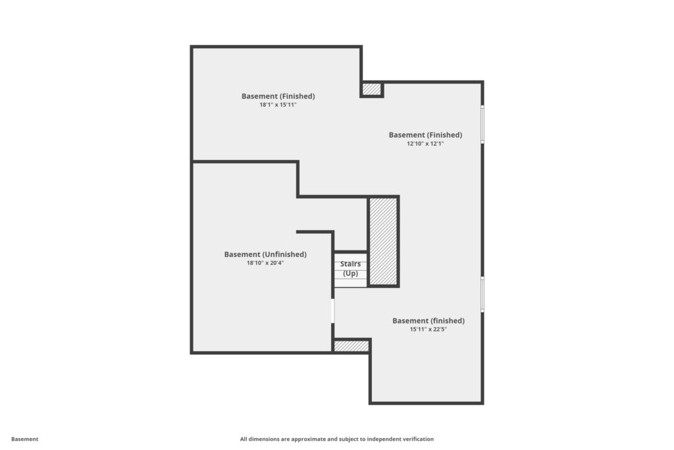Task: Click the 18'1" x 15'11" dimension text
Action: pos(278,105)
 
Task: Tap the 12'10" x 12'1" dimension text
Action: pos(425,144)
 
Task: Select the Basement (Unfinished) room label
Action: pos(265,254)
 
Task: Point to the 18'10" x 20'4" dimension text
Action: pos(265,263)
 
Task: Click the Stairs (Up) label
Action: pos(350,269)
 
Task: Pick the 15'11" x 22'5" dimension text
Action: pos(428,329)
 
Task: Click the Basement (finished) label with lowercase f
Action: pos(428,320)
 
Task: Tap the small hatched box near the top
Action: pos(371,89)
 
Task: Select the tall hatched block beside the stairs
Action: pos(383,241)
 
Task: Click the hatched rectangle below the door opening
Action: pos(351,346)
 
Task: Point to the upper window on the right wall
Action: pos(482,125)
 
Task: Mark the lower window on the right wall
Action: pos(482,295)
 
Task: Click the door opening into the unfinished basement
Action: pos(332,310)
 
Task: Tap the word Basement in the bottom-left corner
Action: pos(24,439)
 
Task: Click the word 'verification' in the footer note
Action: pos(417,439)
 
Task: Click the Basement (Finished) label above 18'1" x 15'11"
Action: pos(278,96)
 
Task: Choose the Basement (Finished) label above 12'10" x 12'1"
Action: pos(425,134)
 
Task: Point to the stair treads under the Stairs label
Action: pos(350,269)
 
